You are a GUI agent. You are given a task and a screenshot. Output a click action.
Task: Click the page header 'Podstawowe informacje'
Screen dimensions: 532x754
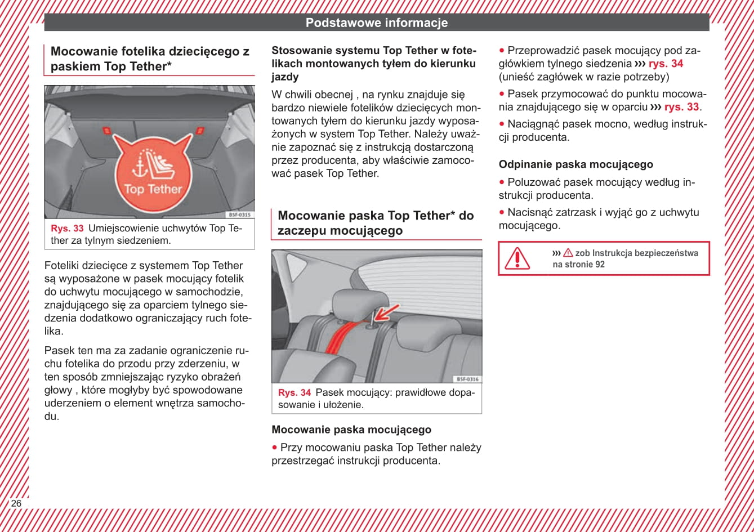(376, 23)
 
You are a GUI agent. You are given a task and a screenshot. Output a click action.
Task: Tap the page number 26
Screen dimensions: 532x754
(16, 503)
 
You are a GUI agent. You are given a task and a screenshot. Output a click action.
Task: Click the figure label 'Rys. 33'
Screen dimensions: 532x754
(67, 229)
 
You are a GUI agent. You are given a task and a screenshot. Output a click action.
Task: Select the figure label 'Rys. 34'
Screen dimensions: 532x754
(295, 393)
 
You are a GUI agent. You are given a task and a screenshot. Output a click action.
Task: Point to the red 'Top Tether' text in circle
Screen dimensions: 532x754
(153, 189)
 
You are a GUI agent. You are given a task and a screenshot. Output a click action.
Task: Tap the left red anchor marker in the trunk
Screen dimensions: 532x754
(107, 130)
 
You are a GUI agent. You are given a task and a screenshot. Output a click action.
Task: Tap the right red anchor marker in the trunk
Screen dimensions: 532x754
(199, 130)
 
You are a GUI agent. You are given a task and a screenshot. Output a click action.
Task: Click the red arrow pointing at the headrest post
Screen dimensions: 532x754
(387, 312)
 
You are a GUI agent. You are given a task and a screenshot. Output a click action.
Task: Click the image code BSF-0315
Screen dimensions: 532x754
(239, 214)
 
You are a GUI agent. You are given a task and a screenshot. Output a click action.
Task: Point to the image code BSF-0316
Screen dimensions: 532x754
(467, 379)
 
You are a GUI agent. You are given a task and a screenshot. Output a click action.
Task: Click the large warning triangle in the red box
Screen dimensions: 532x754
(517, 258)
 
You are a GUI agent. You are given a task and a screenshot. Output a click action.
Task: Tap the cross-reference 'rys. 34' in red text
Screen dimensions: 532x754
(666, 64)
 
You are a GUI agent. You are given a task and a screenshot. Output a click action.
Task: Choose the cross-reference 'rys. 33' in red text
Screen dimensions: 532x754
(681, 107)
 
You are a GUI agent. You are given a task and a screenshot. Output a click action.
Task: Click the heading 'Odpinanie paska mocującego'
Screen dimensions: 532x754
(575, 164)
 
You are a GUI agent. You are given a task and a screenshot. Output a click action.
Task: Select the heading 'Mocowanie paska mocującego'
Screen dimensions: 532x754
(351, 430)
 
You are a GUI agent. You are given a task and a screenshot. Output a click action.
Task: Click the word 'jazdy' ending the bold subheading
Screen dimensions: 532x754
(285, 77)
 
